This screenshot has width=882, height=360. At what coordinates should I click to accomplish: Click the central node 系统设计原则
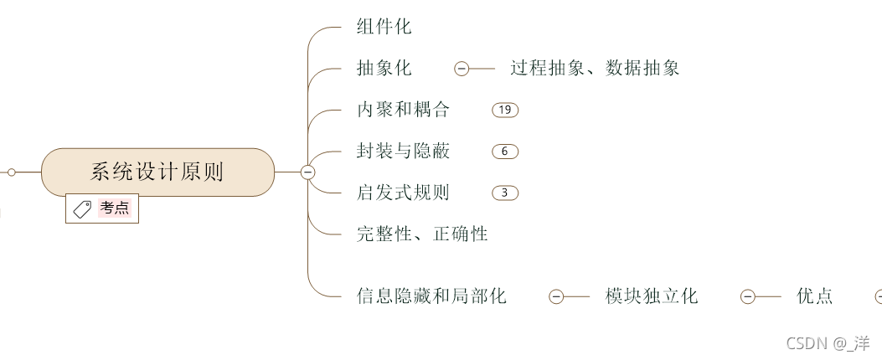click(157, 172)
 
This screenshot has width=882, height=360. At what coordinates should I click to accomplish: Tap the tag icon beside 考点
click(83, 209)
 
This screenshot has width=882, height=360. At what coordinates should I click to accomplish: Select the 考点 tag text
click(115, 208)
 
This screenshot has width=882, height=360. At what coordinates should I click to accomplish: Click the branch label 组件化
click(384, 27)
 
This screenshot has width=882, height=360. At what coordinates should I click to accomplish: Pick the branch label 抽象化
click(384, 69)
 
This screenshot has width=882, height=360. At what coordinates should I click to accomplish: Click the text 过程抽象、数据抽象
click(595, 69)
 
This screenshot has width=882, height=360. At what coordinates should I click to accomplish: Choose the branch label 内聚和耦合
click(404, 110)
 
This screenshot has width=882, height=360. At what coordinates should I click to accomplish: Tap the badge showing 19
click(505, 110)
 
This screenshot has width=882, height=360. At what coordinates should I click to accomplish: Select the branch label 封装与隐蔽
click(404, 152)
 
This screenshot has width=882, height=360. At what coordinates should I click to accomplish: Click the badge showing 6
click(505, 152)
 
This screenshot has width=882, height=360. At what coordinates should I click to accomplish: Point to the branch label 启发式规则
click(404, 193)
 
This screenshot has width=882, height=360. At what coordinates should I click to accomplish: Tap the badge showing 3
click(505, 193)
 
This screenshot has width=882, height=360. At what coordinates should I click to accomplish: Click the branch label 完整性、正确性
click(422, 234)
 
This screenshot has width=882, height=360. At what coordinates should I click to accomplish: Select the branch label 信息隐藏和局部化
click(431, 296)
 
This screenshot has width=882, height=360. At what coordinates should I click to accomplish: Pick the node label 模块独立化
click(652, 296)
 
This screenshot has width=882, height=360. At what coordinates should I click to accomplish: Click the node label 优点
click(815, 296)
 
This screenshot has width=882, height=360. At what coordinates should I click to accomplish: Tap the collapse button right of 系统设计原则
click(307, 172)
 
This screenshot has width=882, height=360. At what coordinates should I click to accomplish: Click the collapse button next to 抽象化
click(462, 69)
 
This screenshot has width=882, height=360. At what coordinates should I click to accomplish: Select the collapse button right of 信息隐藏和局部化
click(556, 296)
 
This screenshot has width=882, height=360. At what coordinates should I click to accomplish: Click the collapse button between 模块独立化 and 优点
click(748, 296)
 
